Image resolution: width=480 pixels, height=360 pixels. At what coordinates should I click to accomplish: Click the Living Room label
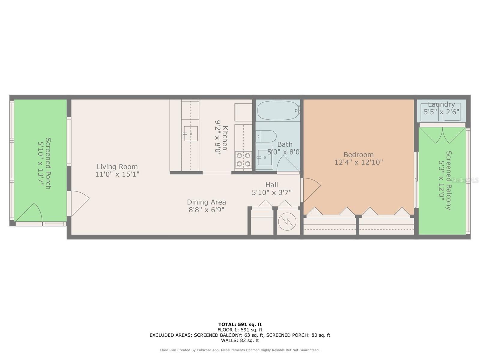tap(117, 167)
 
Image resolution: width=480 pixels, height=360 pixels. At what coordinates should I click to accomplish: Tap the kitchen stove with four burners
tap(243, 160)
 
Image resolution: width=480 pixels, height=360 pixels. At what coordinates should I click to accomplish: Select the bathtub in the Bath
tap(278, 110)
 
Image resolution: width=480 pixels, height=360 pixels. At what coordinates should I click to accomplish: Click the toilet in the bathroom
tap(266, 136)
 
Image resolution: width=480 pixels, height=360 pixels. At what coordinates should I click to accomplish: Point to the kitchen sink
tap(191, 133)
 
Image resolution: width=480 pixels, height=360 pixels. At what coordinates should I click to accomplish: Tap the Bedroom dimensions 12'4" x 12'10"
tap(358, 162)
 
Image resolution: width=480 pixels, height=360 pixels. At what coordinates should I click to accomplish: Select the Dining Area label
tap(206, 202)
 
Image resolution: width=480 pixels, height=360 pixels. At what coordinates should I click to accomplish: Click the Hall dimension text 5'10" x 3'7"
tap(271, 193)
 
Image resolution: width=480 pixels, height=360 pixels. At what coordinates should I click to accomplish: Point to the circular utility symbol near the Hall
tap(287, 222)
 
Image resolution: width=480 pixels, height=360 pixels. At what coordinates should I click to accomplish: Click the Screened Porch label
tap(48, 163)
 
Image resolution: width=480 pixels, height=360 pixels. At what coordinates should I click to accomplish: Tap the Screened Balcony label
tap(448, 180)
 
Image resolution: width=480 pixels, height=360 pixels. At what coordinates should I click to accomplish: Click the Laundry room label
tap(441, 104)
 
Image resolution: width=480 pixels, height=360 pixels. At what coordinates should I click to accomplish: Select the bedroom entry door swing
tap(311, 190)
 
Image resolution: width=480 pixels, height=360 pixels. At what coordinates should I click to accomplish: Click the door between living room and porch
tap(79, 204)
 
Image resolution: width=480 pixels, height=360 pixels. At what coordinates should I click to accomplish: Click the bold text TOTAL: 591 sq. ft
tap(240, 324)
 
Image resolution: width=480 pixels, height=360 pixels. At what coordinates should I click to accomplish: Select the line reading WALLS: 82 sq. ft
tap(240, 340)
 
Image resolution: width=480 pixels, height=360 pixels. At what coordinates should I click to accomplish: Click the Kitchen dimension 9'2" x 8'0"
tap(218, 138)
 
